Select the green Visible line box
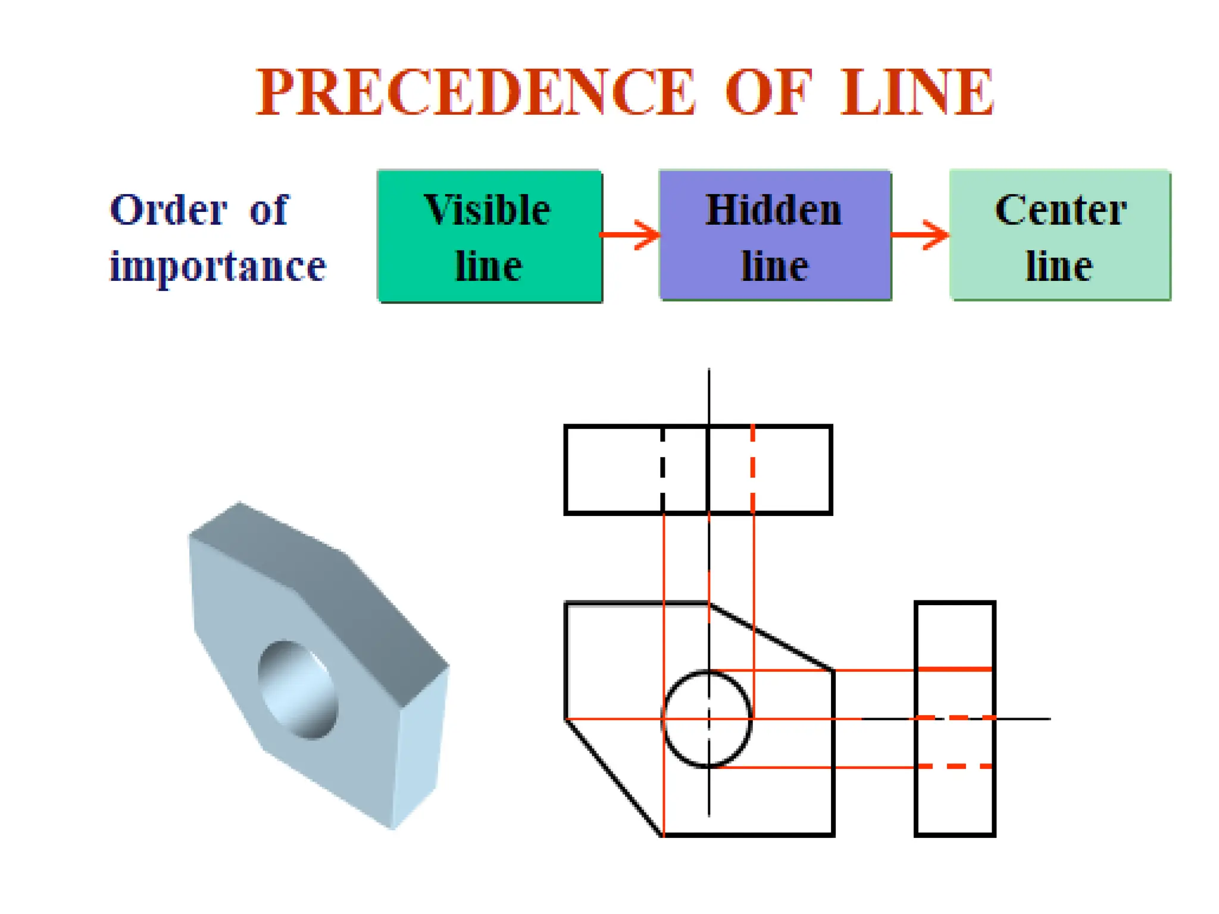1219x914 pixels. click(489, 236)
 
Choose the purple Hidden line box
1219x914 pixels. click(775, 236)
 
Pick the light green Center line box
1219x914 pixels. click(1060, 236)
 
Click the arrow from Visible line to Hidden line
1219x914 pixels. click(631, 234)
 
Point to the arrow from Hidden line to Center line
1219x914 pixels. click(920, 234)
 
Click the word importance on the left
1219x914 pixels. click(218, 265)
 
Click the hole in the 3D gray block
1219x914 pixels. click(298, 690)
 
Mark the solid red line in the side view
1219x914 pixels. click(955, 669)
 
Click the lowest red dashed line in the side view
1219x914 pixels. click(955, 766)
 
